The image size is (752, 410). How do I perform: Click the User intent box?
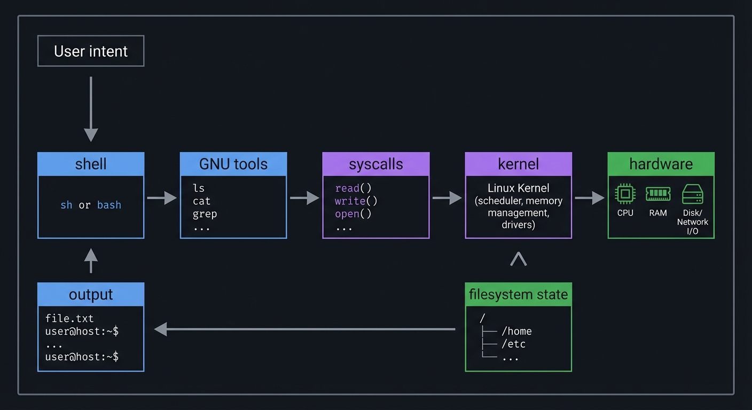[91, 51]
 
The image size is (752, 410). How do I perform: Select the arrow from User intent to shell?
[91, 109]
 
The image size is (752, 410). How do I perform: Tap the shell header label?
[91, 164]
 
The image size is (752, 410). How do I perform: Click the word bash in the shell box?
[109, 205]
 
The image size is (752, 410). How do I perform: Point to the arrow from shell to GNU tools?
[162, 198]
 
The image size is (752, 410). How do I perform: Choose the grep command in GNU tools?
[205, 214]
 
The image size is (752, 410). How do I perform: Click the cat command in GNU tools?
[202, 201]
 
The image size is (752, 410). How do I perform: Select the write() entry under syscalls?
[356, 201]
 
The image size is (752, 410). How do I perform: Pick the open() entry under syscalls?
[353, 214]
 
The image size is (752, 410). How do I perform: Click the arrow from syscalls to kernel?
[447, 198]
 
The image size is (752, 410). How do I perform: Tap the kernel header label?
[518, 164]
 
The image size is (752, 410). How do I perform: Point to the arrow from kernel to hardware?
[590, 198]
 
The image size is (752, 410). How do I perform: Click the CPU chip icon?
[625, 194]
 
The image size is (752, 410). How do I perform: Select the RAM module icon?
[658, 194]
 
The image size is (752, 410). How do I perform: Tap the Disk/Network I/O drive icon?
[693, 194]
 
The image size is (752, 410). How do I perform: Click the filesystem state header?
[518, 294]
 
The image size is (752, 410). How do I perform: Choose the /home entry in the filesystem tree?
[516, 332]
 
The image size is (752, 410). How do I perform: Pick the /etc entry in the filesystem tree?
[513, 344]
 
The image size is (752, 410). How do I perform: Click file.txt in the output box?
[69, 319]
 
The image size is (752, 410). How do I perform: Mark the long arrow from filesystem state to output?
[304, 329]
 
